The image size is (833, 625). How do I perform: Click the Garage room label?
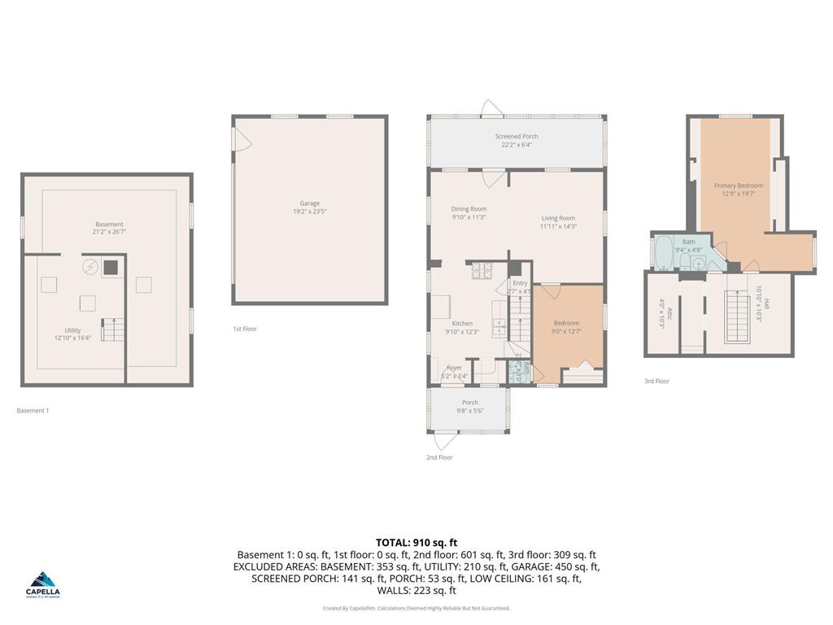309,203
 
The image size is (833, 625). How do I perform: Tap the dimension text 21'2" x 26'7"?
109,232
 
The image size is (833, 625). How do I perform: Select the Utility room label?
72,330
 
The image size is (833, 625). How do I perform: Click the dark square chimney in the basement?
110,266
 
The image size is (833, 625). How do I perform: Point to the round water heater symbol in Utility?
89,266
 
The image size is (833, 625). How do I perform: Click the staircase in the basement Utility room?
113,330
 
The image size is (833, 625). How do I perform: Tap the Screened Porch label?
517,137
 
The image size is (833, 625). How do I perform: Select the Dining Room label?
469,210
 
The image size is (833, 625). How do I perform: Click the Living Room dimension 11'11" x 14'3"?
558,226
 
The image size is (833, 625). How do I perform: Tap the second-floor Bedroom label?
566,323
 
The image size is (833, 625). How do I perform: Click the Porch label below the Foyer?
470,402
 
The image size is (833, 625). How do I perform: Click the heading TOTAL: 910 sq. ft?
416,542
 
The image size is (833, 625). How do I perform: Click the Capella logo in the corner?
44,583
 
